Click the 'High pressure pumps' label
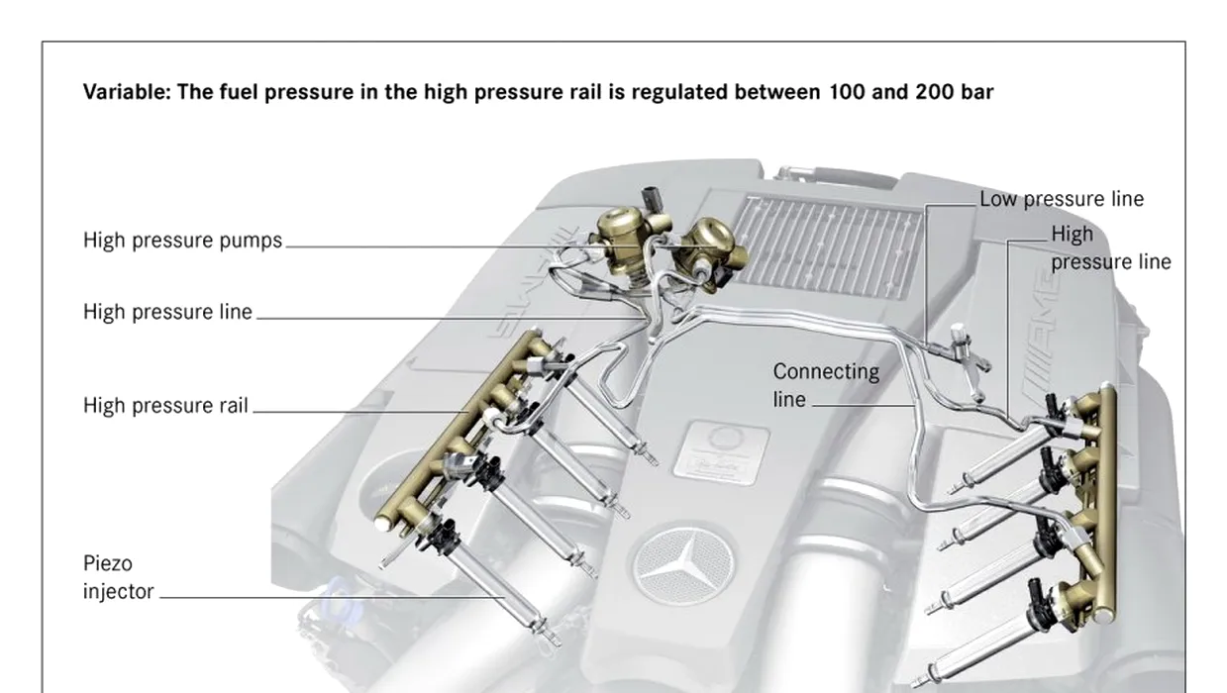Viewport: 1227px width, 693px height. [182, 241]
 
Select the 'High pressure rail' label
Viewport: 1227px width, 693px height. [165, 405]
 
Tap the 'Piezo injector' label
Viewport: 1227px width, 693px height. [119, 578]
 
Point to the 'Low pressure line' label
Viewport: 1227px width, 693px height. [1062, 199]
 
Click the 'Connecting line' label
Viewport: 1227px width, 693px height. [825, 385]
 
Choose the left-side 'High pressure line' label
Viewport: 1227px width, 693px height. [167, 313]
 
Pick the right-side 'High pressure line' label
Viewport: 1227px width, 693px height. [1109, 247]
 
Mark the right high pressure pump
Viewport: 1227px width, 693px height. [709, 244]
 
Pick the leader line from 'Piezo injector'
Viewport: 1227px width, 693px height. [327, 597]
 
